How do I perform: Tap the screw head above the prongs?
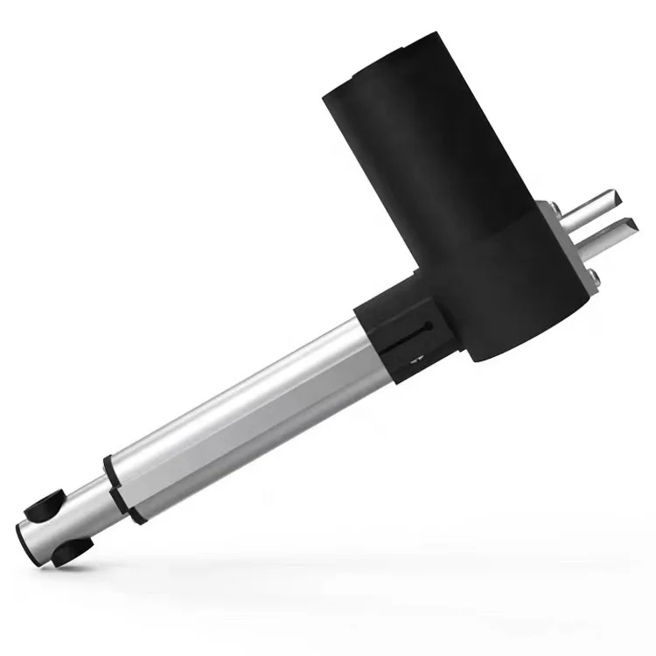tap(553, 208)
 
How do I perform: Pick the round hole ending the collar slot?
tap(426, 326)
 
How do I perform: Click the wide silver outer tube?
tap(245, 402)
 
